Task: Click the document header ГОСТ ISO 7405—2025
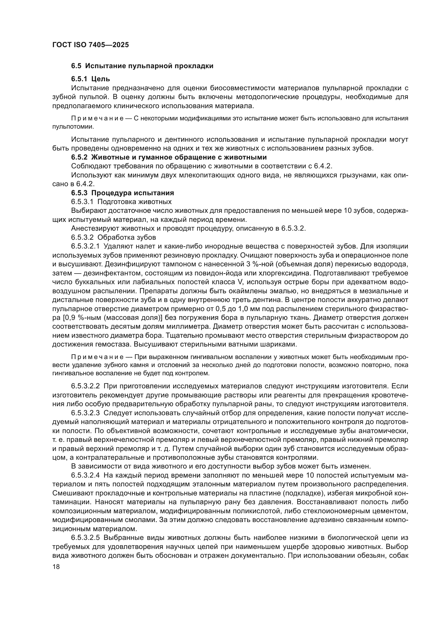click(x=90, y=45)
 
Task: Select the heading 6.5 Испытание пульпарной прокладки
click(x=142, y=66)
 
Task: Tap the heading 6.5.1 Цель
click(x=90, y=79)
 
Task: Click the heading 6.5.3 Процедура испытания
click(x=122, y=193)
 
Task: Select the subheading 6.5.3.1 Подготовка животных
click(x=121, y=202)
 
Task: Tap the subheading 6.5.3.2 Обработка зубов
click(x=114, y=237)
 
